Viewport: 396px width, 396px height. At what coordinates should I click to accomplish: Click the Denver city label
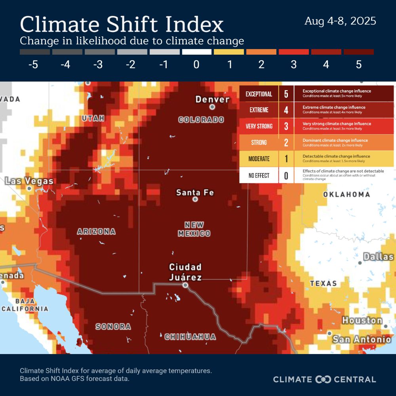coord(213,99)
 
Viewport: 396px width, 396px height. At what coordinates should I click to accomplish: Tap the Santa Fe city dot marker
coord(195,199)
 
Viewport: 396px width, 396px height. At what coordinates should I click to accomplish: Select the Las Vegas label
coord(29,181)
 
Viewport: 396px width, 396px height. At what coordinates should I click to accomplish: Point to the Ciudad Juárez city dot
coord(185,285)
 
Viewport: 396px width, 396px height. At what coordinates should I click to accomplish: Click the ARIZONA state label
coord(96,232)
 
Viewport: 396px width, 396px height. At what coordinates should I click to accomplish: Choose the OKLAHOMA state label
coord(346,194)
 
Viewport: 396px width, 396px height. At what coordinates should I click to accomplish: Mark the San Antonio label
coord(362,339)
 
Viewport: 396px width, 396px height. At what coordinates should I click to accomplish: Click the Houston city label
coord(362,320)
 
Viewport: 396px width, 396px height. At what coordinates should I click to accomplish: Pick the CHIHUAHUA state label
coord(190,337)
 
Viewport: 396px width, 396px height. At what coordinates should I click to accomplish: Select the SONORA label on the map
coord(113,327)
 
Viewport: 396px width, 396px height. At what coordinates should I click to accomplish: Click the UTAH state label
coord(93,118)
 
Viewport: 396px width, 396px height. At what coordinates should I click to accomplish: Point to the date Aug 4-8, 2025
coord(340,21)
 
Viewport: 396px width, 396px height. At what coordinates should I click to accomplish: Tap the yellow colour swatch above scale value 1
coord(229,52)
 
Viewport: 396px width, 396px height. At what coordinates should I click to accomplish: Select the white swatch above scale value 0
coord(196,52)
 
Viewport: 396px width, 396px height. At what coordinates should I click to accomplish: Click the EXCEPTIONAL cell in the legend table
coord(259,94)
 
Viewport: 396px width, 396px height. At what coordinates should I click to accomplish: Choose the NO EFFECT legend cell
coord(259,175)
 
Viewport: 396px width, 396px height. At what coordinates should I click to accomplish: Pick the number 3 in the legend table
coord(286,126)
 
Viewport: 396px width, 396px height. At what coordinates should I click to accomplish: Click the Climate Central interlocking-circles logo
coord(323,379)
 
